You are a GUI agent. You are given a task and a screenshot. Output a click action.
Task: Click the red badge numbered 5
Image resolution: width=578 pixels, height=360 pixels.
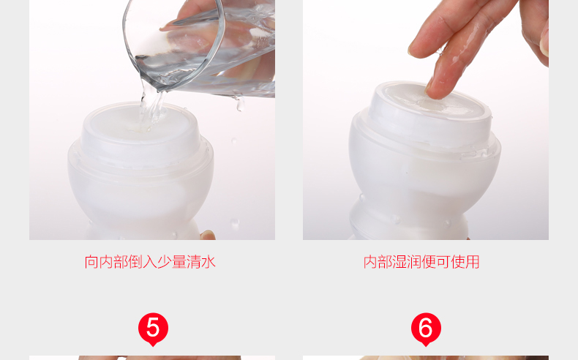(x=153, y=329)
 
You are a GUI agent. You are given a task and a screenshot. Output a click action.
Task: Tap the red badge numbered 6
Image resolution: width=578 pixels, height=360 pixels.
(x=426, y=329)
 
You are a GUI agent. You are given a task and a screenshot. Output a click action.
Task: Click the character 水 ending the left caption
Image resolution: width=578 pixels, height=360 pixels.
(x=209, y=262)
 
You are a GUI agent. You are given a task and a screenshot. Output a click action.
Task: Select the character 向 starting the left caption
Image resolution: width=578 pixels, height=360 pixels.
(x=91, y=262)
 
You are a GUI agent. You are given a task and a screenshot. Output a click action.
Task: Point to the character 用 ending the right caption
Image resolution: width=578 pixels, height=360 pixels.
(x=473, y=262)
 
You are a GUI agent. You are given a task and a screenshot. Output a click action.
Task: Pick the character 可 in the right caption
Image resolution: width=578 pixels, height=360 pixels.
(x=443, y=262)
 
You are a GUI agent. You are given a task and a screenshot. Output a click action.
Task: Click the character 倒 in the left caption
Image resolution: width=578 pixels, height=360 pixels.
(x=135, y=262)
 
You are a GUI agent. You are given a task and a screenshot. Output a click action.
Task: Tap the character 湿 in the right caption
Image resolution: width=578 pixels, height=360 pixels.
(x=399, y=262)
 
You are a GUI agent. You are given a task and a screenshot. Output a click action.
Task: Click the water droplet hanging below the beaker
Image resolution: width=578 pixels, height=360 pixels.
(x=240, y=104)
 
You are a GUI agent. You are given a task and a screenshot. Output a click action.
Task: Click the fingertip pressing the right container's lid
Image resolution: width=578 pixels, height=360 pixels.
(x=437, y=90)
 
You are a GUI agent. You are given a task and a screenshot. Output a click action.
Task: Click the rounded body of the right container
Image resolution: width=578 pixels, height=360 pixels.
(x=424, y=177)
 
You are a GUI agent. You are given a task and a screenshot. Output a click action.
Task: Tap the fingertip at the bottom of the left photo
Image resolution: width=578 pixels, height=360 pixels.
(x=209, y=235)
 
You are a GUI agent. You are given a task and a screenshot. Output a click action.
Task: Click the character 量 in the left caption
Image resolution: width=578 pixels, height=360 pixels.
(x=179, y=262)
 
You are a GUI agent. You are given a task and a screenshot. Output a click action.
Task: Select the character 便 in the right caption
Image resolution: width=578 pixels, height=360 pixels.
(x=429, y=262)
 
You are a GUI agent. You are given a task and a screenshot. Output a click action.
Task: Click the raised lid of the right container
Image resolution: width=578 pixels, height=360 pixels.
(x=429, y=114)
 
